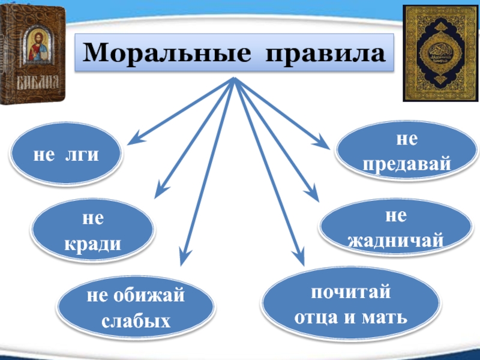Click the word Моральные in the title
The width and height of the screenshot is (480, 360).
pos(167,55)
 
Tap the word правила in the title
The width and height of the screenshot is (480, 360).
pos(324,55)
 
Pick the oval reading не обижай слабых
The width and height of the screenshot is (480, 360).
pos(136,307)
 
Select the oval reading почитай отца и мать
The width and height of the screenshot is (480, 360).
pos(350,305)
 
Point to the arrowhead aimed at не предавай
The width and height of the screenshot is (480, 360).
pos(324,145)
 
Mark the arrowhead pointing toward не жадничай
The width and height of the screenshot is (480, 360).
pos(313,196)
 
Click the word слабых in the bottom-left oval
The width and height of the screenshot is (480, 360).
pos(136,320)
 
